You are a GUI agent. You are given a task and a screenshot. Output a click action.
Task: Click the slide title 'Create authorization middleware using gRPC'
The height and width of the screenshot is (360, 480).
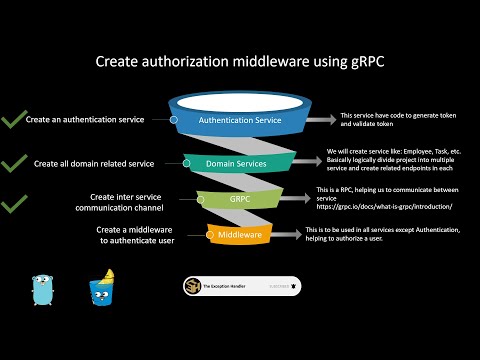240,62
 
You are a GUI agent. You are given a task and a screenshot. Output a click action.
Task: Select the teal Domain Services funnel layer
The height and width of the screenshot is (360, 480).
240,163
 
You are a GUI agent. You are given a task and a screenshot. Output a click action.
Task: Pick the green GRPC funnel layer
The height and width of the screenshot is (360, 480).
240,199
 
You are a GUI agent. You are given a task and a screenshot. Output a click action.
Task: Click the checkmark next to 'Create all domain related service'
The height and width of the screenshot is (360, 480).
14,162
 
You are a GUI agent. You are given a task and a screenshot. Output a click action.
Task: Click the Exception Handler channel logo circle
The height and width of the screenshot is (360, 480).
191,287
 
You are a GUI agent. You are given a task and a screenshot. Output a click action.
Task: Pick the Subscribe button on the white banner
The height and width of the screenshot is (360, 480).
283,287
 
